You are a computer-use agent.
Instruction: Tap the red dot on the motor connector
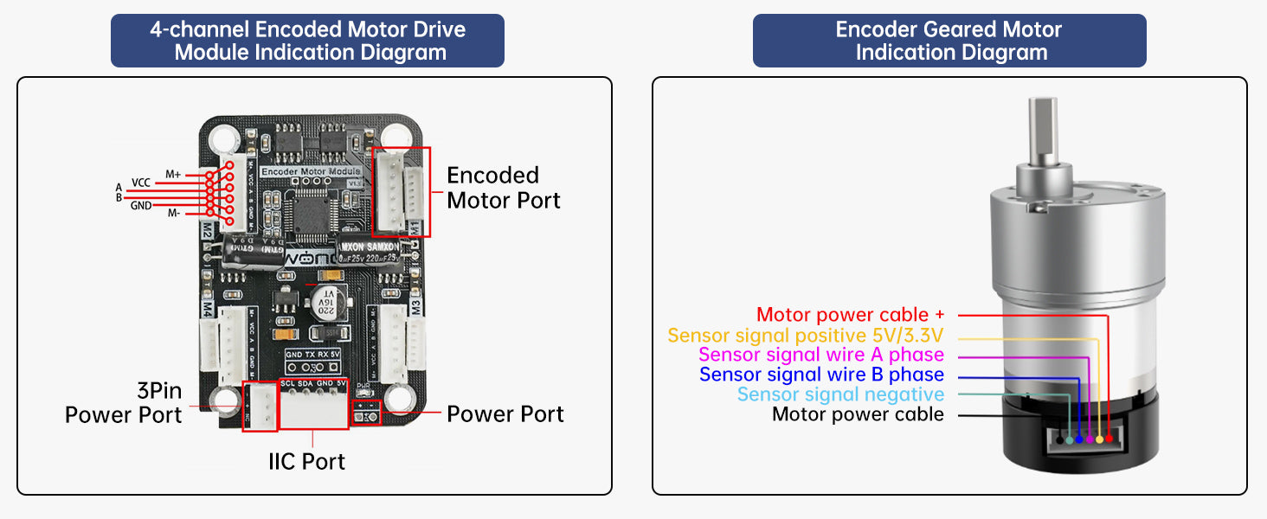[x=1109, y=440]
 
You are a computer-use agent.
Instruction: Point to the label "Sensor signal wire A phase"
[x=821, y=355]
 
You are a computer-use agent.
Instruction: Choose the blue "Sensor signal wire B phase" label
[x=821, y=375]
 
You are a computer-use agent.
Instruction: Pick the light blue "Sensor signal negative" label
[x=840, y=394]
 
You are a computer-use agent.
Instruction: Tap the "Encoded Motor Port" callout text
[x=503, y=188]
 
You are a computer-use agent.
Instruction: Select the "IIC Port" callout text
[x=306, y=461]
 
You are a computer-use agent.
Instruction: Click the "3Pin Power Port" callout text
[x=124, y=402]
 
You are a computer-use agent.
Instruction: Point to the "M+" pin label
[x=173, y=175]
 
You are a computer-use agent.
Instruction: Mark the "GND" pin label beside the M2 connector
[x=140, y=206]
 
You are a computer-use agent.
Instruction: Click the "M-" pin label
[x=173, y=214]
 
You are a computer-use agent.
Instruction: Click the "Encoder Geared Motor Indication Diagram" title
[x=949, y=41]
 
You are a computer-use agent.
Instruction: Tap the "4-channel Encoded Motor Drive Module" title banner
[x=307, y=41]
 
